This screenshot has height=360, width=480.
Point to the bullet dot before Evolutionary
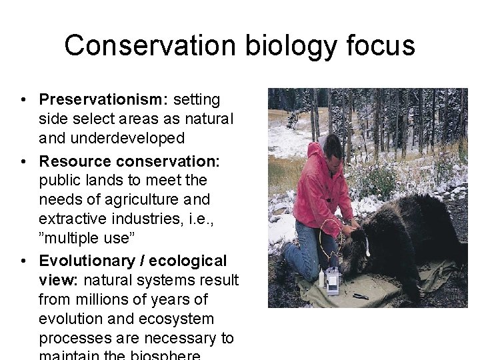(23, 261)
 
